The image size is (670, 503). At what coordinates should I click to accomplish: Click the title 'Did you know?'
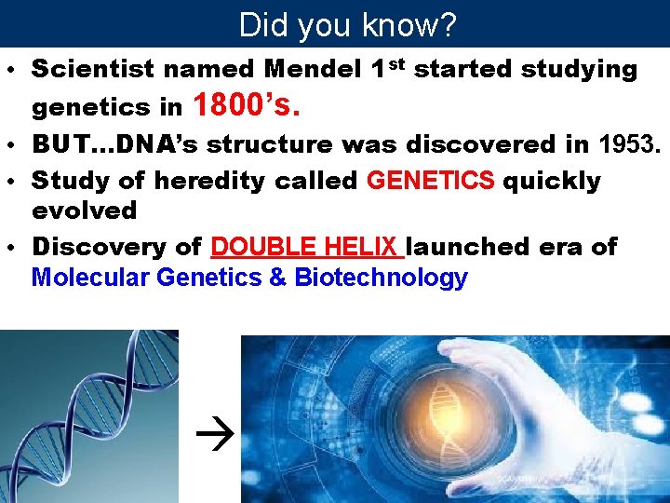(x=347, y=24)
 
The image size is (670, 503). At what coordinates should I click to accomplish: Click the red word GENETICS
(x=431, y=180)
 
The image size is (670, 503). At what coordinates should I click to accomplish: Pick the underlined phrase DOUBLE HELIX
(x=307, y=247)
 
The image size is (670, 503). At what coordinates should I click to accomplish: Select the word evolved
(x=84, y=210)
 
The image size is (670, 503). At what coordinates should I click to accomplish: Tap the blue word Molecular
(x=90, y=278)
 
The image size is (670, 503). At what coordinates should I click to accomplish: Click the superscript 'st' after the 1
(x=395, y=62)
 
